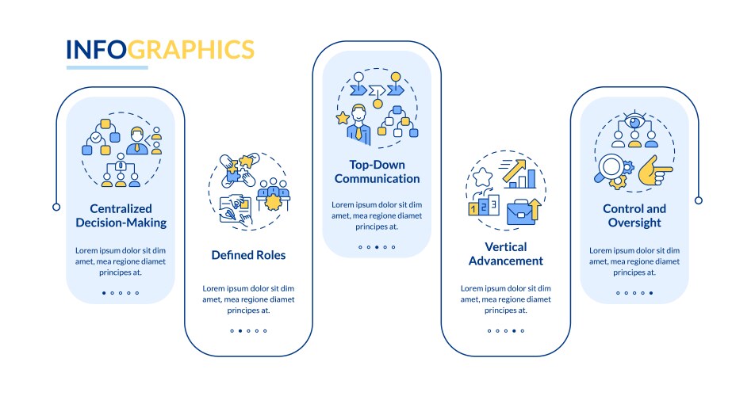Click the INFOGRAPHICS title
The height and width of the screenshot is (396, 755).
pos(160,50)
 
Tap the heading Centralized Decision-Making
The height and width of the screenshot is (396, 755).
pos(121,215)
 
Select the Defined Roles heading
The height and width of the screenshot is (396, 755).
pos(248,255)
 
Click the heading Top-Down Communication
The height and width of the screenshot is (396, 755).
pos(377,172)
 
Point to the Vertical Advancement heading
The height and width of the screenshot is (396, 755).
pos(506,253)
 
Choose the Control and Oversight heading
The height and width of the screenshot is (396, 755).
pos(634,215)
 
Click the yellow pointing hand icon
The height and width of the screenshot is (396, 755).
pos(655,170)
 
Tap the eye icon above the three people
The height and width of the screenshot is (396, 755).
pos(635,122)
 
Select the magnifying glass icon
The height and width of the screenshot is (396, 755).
pos(609,168)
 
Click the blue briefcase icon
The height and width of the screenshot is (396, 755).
pos(521,212)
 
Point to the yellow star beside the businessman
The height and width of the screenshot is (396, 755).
pos(343,118)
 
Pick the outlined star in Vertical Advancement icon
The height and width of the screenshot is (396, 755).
pos(482,177)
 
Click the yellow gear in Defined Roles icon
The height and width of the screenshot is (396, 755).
pos(273,202)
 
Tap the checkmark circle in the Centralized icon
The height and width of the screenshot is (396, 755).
pos(96,138)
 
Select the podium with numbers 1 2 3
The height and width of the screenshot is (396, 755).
pos(484,206)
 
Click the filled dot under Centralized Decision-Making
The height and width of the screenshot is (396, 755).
pos(104,293)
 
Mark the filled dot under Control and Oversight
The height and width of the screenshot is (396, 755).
pos(651,293)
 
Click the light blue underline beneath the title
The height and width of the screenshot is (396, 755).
pos(107,68)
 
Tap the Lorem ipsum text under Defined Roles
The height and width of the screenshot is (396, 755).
pos(248,299)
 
